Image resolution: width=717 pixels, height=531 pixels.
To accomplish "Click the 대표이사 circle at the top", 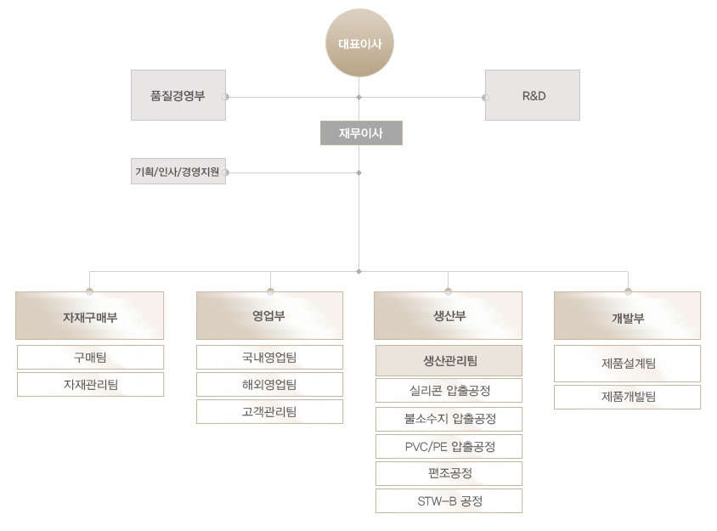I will tap(360, 42).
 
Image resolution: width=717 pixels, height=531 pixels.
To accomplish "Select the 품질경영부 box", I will tap(178, 95).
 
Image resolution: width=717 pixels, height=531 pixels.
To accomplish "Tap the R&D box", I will tap(533, 95).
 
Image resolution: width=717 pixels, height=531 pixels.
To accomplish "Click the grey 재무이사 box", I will tap(360, 133).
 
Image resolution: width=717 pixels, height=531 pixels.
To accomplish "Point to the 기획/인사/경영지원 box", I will tap(178, 172).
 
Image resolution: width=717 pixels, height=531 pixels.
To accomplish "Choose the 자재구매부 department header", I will tap(89, 316).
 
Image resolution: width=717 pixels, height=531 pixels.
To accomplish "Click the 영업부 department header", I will tap(269, 316).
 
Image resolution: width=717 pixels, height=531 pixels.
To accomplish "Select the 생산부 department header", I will tap(449, 316).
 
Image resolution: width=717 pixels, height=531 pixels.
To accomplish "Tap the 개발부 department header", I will tap(627, 316).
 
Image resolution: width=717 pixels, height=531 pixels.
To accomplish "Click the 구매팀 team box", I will tap(90, 358).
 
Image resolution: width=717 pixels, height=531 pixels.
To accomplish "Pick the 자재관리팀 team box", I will tap(90, 385).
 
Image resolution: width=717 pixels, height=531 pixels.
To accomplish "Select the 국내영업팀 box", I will tap(269, 358).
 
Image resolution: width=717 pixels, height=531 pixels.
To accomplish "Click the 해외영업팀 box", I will tap(269, 385).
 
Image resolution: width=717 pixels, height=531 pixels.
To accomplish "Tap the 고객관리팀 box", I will tap(269, 412).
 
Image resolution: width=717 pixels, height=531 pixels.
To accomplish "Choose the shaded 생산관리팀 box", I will tap(449, 361).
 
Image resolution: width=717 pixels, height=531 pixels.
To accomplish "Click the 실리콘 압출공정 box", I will tap(449, 391).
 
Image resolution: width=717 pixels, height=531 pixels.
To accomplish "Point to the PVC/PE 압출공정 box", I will tap(449, 446).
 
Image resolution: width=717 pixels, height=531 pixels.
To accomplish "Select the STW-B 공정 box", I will tap(449, 501).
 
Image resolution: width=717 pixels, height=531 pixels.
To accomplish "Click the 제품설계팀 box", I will tap(627, 364).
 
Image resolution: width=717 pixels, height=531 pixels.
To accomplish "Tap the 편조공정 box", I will tap(449, 473).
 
